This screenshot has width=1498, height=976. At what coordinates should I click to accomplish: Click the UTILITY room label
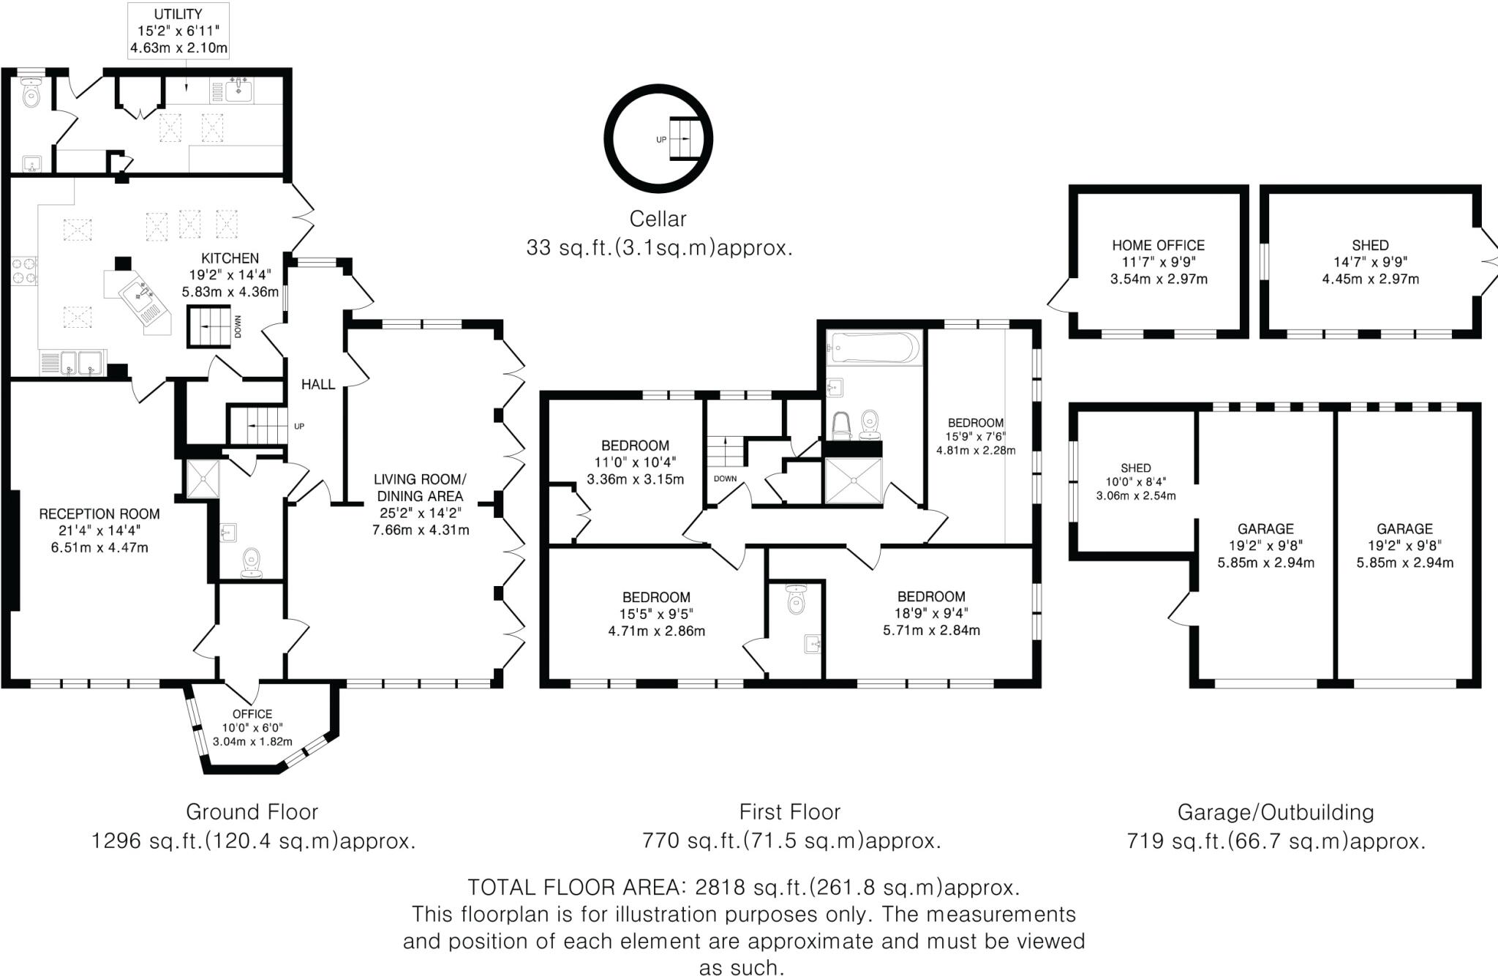tap(178, 14)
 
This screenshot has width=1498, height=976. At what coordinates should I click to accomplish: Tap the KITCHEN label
tap(230, 258)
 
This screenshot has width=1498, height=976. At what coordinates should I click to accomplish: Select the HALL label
tap(318, 384)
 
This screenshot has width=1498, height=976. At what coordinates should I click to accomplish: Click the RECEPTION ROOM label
tap(99, 514)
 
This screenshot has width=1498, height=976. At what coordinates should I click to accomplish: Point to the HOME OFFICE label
tap(1158, 246)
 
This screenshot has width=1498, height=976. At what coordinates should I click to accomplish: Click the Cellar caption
tap(658, 219)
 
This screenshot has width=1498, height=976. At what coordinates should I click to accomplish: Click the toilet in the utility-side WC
tap(31, 93)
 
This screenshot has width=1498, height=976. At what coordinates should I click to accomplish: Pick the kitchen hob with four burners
tap(23, 270)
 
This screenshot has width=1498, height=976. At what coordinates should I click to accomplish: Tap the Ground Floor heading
tap(252, 812)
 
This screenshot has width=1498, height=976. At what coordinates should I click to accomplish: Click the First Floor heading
tap(789, 812)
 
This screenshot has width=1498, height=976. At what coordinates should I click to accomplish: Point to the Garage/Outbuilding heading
tap(1275, 812)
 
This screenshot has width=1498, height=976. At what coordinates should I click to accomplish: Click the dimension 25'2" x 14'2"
tap(420, 513)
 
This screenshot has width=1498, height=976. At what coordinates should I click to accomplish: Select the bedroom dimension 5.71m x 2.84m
tap(931, 630)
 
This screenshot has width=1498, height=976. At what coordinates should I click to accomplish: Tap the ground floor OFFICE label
tap(252, 714)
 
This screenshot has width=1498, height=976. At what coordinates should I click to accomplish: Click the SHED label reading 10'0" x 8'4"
tap(1135, 468)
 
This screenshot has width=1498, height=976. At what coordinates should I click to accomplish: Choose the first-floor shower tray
tap(853, 480)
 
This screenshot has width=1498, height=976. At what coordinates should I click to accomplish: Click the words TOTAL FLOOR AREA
tap(574, 887)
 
